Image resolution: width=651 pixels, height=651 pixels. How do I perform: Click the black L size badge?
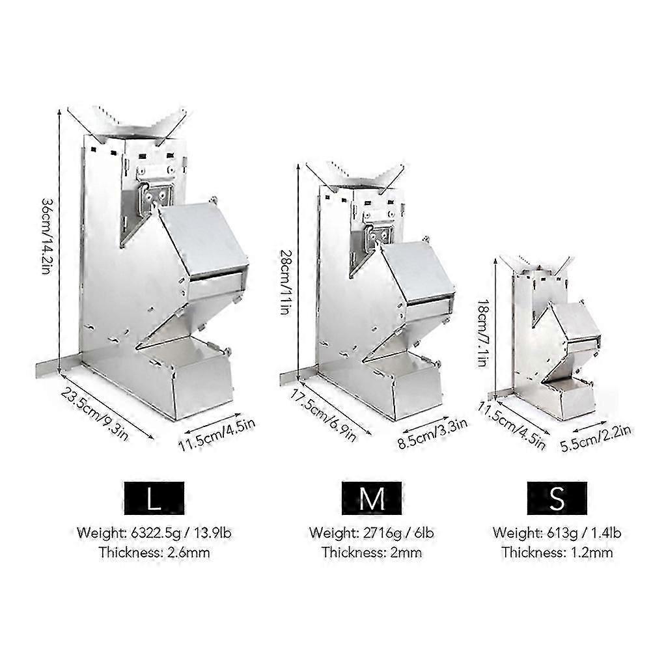[x=154, y=498]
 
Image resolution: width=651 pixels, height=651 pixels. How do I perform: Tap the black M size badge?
[x=372, y=498]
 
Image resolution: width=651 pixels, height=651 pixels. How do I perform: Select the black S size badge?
[x=557, y=498]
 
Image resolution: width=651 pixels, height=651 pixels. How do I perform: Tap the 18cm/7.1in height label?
[x=482, y=333]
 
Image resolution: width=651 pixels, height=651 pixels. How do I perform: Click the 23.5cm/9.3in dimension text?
[x=95, y=414]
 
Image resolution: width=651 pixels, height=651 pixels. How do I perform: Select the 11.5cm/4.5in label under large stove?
[x=217, y=435]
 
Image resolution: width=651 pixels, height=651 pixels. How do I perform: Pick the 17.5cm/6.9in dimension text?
[x=322, y=415]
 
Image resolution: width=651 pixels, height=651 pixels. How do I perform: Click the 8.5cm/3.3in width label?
[x=432, y=434]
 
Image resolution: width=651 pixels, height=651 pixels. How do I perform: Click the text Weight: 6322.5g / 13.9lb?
[x=154, y=533]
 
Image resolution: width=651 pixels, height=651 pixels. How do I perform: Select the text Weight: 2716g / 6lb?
[x=372, y=533]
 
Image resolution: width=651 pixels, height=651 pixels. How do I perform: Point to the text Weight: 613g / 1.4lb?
[x=557, y=533]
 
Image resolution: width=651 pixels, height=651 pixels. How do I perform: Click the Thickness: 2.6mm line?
[x=154, y=553]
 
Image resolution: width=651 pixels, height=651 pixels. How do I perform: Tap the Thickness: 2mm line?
[x=372, y=553]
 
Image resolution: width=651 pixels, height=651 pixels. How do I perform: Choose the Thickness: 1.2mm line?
[x=557, y=553]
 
